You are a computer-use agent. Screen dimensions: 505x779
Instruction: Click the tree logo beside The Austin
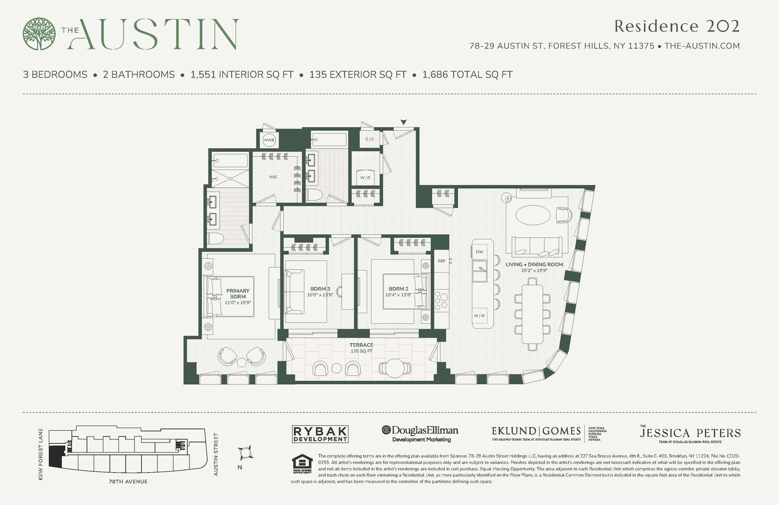click(39, 34)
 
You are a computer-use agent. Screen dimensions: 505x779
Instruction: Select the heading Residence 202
click(676, 26)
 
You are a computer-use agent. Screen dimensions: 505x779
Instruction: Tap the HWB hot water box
click(269, 140)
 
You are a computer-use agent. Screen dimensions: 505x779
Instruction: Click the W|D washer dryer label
click(366, 178)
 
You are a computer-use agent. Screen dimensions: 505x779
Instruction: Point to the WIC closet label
click(273, 177)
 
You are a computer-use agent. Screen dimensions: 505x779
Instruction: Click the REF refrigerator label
click(441, 261)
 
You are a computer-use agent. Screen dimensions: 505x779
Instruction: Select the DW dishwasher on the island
click(479, 252)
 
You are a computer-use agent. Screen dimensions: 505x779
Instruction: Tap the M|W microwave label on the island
click(479, 316)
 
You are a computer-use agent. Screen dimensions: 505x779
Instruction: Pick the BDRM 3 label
click(320, 291)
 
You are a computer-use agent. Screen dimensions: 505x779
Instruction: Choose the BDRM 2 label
click(398, 291)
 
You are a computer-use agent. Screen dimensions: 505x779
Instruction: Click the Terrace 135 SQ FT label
click(361, 347)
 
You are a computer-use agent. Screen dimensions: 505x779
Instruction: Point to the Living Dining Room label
click(534, 267)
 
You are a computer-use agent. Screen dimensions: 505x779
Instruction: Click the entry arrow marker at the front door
click(404, 123)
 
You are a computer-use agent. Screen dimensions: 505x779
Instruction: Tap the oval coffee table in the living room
click(534, 214)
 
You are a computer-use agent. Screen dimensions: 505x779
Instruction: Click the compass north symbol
click(245, 452)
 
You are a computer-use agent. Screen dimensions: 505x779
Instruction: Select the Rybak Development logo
click(320, 434)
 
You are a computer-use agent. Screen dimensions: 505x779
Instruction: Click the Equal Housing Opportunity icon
click(302, 464)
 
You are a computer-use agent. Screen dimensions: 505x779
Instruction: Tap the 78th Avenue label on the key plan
click(128, 482)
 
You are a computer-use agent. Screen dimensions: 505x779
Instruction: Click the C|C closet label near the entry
click(369, 139)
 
